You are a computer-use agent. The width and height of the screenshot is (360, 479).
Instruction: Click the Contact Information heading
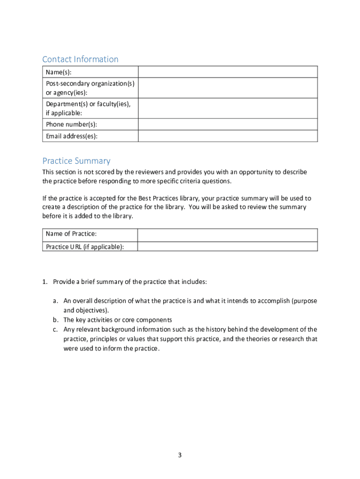click(80, 59)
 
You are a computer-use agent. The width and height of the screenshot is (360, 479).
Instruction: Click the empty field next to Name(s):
click(228, 72)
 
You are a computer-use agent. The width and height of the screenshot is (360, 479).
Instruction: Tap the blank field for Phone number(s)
click(228, 124)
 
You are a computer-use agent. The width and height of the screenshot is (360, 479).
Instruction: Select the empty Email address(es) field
click(228, 136)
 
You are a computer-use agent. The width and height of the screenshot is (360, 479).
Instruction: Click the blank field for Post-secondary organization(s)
click(228, 88)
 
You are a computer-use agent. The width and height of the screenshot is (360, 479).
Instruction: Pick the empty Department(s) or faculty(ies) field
click(228, 109)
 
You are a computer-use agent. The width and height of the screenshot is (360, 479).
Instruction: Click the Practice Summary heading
click(76, 161)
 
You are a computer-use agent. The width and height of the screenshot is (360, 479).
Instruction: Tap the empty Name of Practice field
click(228, 234)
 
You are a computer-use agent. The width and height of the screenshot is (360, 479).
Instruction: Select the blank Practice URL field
click(228, 247)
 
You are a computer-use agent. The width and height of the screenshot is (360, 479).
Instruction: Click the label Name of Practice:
click(71, 234)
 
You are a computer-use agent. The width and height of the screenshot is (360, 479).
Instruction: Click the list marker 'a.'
click(55, 301)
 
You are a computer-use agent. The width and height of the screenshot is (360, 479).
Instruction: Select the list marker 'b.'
click(55, 320)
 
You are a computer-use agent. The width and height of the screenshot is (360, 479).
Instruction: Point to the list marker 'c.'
click(55, 329)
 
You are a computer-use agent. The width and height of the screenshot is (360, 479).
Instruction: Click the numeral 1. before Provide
click(45, 282)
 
